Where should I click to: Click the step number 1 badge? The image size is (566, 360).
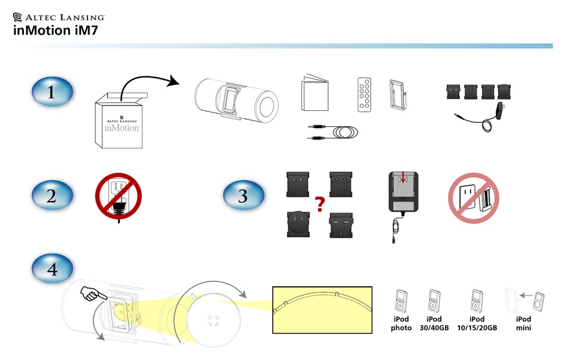tap(51, 92)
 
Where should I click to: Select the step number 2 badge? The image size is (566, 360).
tap(51, 196)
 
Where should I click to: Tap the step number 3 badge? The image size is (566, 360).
tap(243, 196)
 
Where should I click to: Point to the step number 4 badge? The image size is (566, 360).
tap(52, 269)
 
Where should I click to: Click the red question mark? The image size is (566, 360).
tap(319, 206)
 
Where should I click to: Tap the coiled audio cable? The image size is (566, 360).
tap(333, 133)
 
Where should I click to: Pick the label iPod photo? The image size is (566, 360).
tap(401, 324)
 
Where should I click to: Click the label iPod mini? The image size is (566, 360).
tap(523, 324)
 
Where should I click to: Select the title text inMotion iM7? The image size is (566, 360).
tap(51, 32)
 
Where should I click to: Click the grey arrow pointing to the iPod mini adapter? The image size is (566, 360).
tap(525, 294)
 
